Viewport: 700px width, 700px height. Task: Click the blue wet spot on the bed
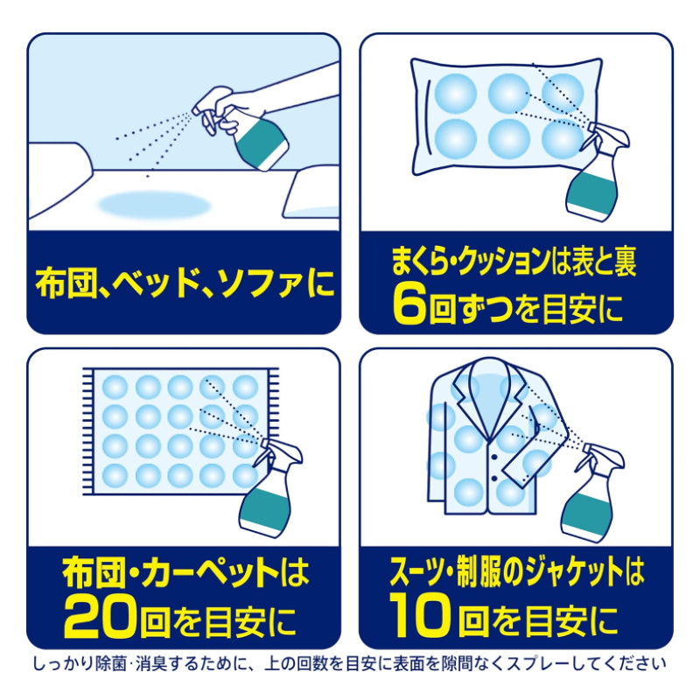pos(154,206)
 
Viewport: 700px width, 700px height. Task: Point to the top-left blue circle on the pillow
pos(455,93)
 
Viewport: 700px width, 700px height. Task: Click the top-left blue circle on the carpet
pos(115,386)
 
